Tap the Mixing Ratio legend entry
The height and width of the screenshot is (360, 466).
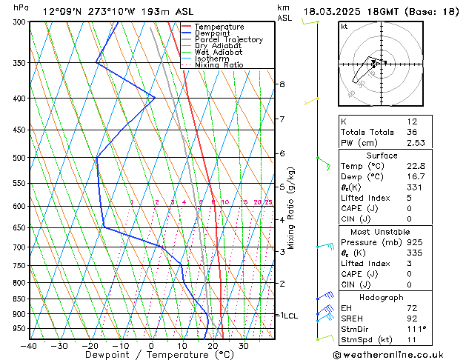tap(219, 65)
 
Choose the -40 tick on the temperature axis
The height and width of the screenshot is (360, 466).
tap(30, 346)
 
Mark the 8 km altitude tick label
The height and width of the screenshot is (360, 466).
tap(282, 84)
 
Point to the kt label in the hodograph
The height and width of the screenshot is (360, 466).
tap(344, 26)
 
